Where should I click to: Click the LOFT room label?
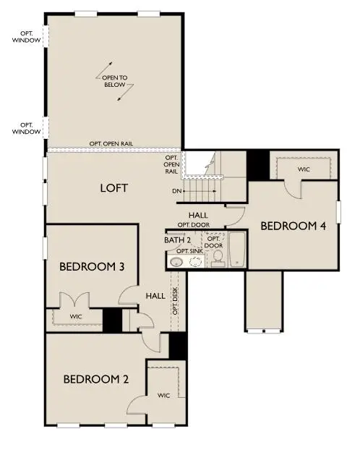[x=113, y=188]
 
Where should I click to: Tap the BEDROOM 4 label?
[x=293, y=226]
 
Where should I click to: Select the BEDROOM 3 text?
[x=92, y=267]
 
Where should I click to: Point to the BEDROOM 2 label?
[x=95, y=378]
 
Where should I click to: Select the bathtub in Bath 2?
[x=237, y=250]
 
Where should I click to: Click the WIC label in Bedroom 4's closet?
[x=304, y=170]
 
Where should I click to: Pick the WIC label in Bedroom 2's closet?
[x=164, y=395]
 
